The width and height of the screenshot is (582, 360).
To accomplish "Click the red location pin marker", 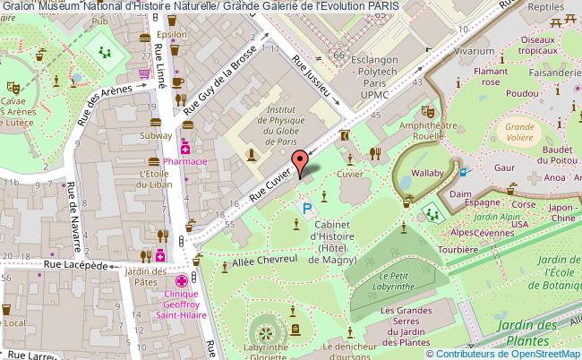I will point(305,162).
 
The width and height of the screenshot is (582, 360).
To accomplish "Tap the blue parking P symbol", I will point(306,209).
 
